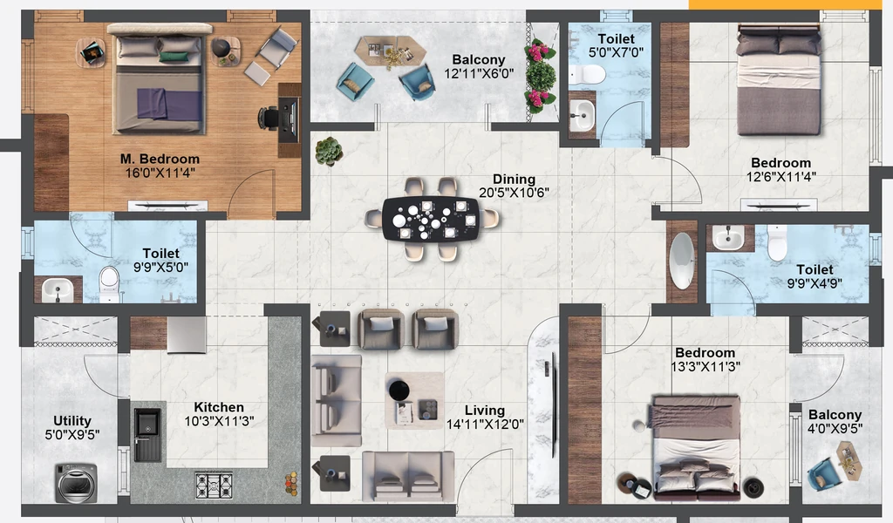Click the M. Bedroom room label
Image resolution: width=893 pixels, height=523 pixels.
(160, 159)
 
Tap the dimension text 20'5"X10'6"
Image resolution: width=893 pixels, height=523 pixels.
(514, 193)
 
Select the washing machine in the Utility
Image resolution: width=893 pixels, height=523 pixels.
(77, 483)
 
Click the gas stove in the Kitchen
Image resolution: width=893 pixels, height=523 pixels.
(214, 485)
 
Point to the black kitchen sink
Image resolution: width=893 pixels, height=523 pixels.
(147, 433)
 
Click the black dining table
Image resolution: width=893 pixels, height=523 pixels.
(431, 219)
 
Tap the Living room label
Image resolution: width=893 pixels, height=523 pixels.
(484, 411)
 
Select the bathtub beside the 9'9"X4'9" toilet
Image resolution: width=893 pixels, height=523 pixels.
(682, 261)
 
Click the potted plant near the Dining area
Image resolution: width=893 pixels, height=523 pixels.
(329, 152)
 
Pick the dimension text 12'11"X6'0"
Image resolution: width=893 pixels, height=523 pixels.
(479, 73)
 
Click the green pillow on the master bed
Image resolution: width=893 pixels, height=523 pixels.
(174, 57)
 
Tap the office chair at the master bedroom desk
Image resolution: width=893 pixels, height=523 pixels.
(269, 118)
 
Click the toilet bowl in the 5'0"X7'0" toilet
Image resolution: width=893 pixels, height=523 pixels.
(587, 74)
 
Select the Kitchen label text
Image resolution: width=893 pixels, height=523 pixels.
(219, 407)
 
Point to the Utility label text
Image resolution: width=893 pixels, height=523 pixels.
(72, 420)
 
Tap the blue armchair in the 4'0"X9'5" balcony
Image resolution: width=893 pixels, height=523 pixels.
(823, 473)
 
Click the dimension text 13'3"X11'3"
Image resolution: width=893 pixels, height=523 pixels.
(705, 367)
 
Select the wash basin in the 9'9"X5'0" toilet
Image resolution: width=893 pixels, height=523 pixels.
(58, 289)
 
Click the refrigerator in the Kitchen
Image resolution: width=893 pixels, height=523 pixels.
(187, 335)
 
